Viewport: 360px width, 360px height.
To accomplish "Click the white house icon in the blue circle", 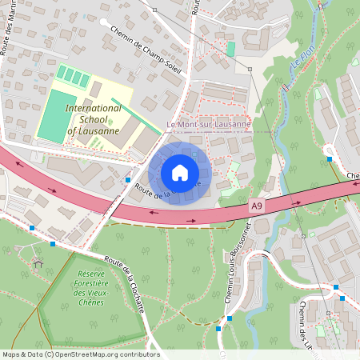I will [x=179, y=172].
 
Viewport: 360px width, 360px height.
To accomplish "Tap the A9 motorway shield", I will [x=256, y=206].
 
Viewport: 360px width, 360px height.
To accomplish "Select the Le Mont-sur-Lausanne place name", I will [x=208, y=124].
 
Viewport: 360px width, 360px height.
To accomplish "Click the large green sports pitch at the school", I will [x=53, y=116].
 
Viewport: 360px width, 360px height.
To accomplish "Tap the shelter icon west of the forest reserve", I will [x=38, y=262].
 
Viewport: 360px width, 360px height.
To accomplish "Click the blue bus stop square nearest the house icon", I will [x=128, y=180].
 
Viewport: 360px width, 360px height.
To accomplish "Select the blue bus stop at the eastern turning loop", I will [x=330, y=159].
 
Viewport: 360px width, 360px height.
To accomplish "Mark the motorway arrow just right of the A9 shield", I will [x=297, y=202].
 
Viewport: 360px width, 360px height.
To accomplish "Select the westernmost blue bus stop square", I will [x=31, y=228].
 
